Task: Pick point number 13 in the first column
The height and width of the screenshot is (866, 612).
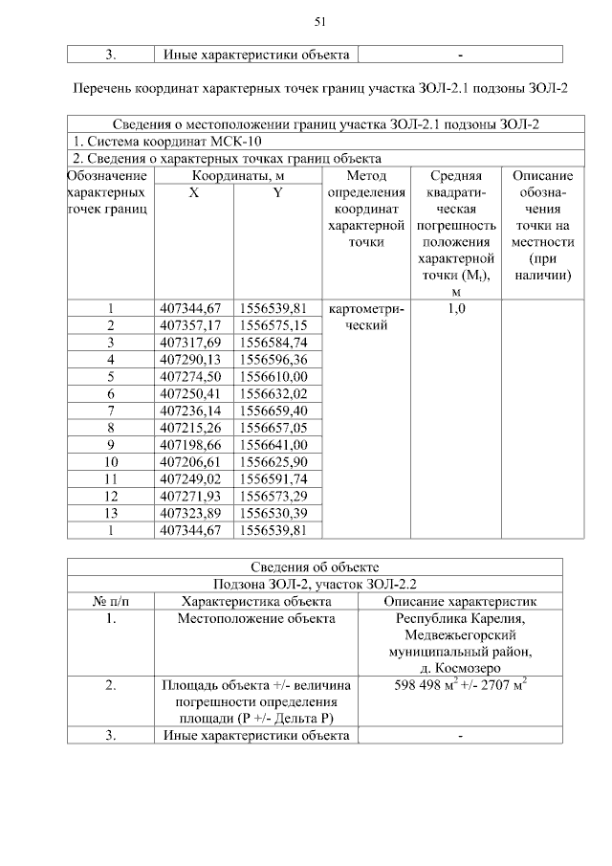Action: point(111,514)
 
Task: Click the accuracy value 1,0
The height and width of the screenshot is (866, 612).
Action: point(455,308)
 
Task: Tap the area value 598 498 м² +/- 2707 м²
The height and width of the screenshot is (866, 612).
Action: point(460,685)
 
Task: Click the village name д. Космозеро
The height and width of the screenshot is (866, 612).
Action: point(460,667)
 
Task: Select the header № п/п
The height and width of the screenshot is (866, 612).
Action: point(111,601)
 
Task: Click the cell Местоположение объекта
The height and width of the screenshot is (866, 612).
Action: point(256,618)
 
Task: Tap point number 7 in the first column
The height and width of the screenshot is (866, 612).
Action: point(111,411)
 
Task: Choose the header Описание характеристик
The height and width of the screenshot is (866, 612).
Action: point(460,601)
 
